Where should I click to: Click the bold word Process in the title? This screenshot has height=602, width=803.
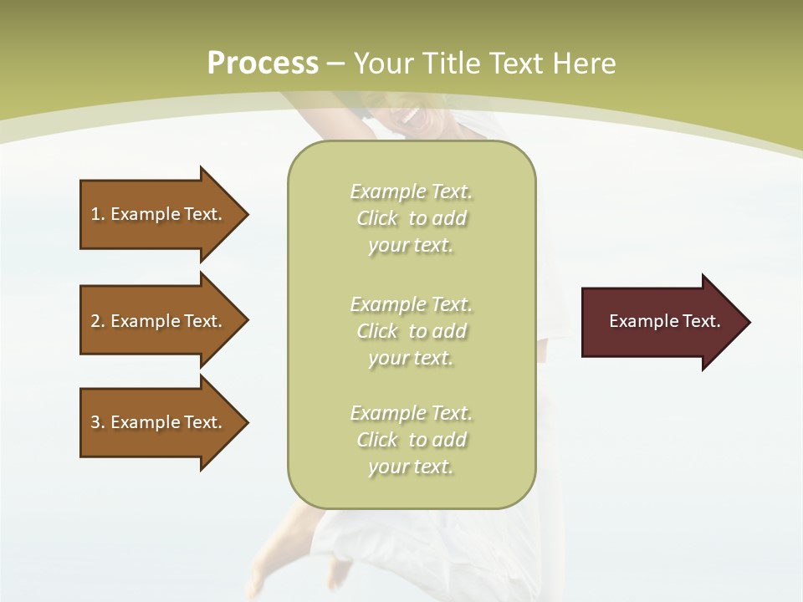[x=263, y=64]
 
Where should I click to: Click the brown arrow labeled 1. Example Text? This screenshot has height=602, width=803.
[x=159, y=214]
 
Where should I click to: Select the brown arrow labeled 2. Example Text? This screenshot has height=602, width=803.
[x=159, y=321]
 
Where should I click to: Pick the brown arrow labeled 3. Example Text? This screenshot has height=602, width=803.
[x=159, y=422]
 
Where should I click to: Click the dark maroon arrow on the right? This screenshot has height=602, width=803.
[x=661, y=321]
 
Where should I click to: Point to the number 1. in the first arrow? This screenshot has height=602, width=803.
[x=97, y=214]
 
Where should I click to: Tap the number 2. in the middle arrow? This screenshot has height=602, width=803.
[x=97, y=321]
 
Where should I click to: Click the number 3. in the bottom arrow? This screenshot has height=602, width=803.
[x=97, y=422]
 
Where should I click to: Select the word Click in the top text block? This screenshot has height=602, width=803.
[x=377, y=218]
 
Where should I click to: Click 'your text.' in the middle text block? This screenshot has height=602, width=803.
[x=411, y=358]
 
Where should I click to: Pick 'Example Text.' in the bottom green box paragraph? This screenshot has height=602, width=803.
[x=411, y=413]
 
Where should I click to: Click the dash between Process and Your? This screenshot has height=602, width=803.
[x=335, y=64]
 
